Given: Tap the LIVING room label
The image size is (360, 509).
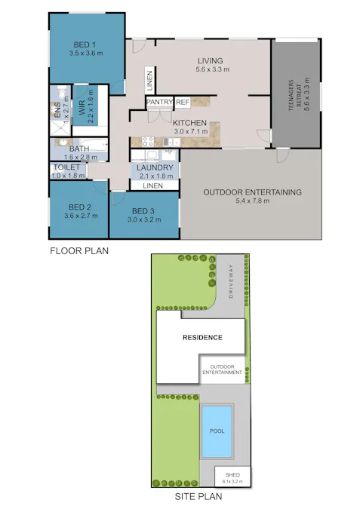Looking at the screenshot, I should click(212, 60).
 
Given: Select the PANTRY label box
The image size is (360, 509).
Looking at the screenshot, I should click(159, 103).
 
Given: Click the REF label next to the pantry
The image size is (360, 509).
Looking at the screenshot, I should click(183, 103).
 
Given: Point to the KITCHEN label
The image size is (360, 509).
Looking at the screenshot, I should click(190, 122).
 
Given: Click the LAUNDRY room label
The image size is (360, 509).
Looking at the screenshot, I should click(155, 167).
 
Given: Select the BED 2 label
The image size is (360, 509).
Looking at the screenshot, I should click(79, 207).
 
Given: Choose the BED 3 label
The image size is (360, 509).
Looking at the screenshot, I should click(143, 211).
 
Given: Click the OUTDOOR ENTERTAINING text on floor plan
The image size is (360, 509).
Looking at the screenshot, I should click(252, 192).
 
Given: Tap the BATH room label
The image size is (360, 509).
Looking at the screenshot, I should click(79, 149).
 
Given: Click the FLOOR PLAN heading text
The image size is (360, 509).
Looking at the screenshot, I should click(79, 251).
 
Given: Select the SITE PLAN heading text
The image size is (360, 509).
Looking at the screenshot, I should click(198, 497).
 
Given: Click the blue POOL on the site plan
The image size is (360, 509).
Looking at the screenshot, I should click(217, 432).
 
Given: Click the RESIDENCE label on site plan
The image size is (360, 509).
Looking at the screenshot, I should click(202, 337).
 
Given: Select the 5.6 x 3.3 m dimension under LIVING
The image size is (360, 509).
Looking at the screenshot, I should click(212, 69).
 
